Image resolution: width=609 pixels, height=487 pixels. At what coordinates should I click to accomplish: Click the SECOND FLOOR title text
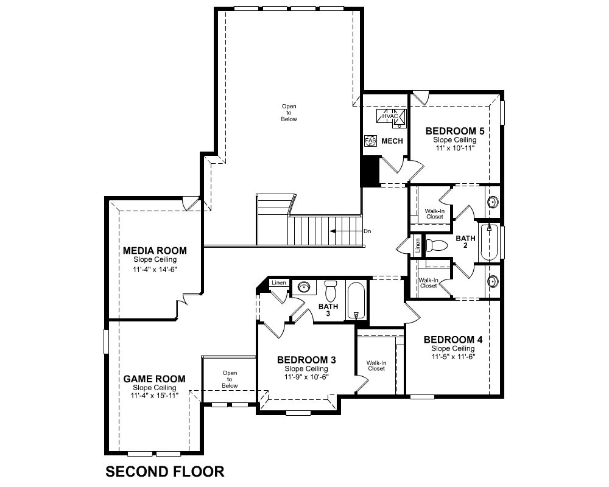coord(164,471)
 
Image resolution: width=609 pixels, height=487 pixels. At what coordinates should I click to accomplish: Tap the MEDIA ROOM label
coord(155,250)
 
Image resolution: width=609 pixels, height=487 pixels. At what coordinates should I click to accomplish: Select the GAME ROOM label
coord(155,379)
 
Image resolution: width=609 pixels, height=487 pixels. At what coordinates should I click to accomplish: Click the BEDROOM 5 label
coord(455,131)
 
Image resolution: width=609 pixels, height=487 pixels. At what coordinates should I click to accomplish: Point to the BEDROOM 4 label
coord(453,340)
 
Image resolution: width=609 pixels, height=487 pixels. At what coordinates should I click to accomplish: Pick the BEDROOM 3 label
coord(306,360)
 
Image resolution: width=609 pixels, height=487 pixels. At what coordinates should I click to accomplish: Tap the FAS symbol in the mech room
coord(370,141)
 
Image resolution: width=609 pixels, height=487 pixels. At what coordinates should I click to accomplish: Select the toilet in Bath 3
coord(331,291)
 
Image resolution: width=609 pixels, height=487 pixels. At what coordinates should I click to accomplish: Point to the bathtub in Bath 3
coord(356,300)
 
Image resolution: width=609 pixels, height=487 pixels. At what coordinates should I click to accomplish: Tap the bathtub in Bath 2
coord(489,243)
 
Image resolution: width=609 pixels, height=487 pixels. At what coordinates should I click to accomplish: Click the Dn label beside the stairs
coord(367,231)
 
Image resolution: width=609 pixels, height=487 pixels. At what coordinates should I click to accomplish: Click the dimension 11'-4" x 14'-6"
coord(155,269)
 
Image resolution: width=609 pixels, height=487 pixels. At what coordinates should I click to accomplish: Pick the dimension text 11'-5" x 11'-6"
coord(453,357)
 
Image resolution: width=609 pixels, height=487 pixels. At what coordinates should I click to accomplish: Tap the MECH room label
coord(392,141)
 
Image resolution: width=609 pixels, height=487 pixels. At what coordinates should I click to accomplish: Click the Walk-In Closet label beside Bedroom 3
coord(376,366)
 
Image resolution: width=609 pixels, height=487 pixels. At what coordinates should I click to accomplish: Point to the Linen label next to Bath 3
coord(279,282)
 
